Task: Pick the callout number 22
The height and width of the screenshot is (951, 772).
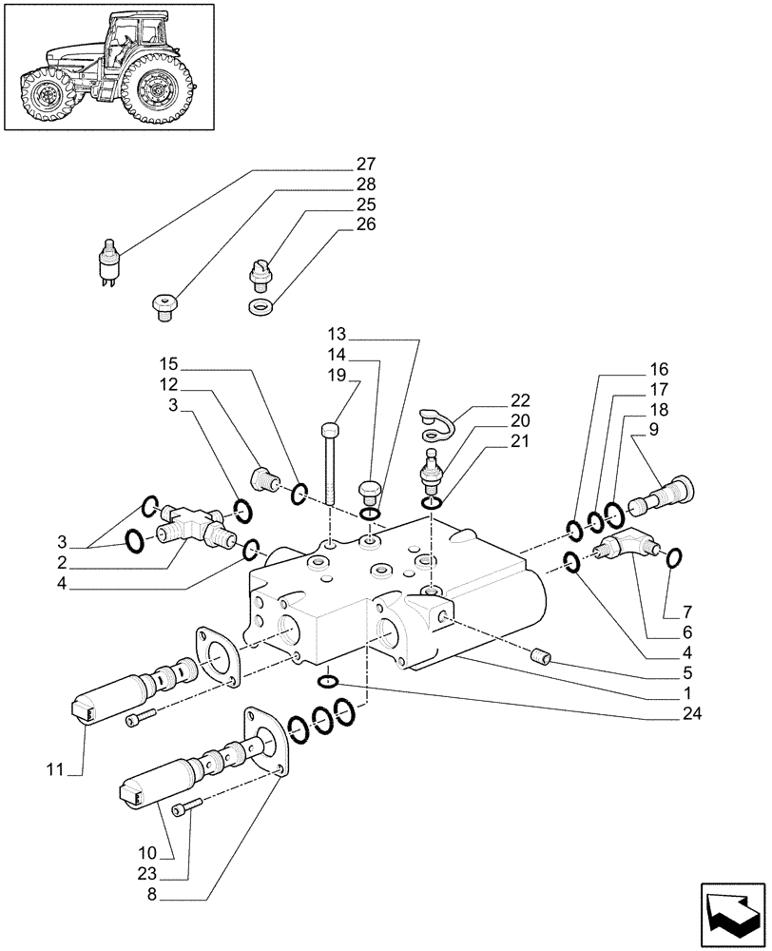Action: (x=520, y=400)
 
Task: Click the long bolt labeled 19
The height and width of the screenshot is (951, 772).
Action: (x=330, y=466)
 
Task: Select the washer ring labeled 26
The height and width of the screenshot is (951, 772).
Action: (x=260, y=307)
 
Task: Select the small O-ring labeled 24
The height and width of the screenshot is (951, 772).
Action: (x=326, y=679)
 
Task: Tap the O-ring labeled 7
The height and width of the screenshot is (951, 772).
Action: (x=674, y=558)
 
